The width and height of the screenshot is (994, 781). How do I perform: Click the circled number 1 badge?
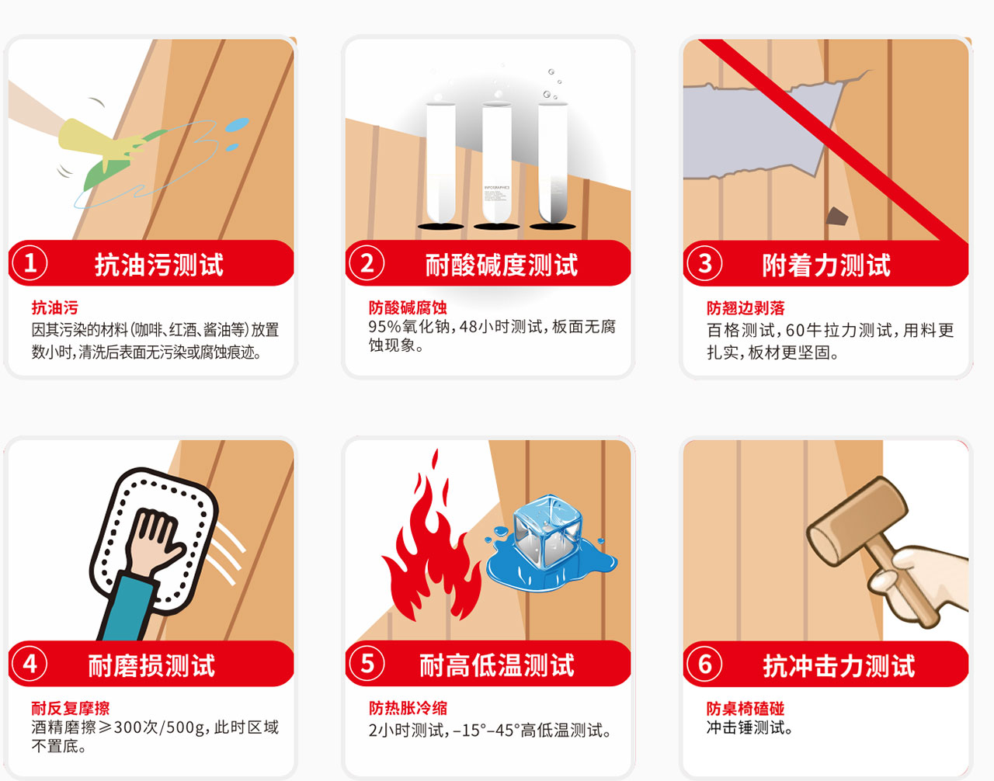(x=30, y=263)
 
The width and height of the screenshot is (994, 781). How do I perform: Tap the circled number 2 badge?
(x=367, y=263)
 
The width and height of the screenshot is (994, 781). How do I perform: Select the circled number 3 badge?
(x=705, y=263)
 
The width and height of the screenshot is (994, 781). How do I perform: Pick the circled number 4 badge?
(x=30, y=664)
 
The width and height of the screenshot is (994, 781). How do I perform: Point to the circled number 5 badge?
(x=367, y=664)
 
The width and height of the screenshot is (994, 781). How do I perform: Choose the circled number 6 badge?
(x=705, y=664)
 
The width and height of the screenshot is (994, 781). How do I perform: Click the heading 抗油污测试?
(x=158, y=265)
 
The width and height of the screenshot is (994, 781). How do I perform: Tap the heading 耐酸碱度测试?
(x=502, y=265)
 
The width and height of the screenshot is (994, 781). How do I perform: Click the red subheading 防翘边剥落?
(x=745, y=308)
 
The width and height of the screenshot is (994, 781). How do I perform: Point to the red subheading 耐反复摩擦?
(x=71, y=708)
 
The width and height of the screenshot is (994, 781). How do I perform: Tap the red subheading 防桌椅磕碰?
(x=745, y=709)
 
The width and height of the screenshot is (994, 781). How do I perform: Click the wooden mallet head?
(x=857, y=520)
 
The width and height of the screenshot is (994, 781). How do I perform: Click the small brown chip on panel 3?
(x=837, y=217)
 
